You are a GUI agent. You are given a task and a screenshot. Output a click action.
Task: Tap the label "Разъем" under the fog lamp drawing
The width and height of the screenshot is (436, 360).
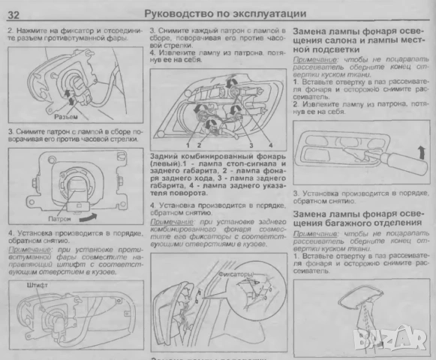pyautogui.click(x=67, y=118)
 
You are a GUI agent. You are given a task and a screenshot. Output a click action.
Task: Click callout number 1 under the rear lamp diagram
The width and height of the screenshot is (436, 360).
pyautogui.click(x=186, y=143)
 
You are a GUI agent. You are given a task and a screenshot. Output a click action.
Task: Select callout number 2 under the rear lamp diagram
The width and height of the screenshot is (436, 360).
pyautogui.click(x=199, y=143)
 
